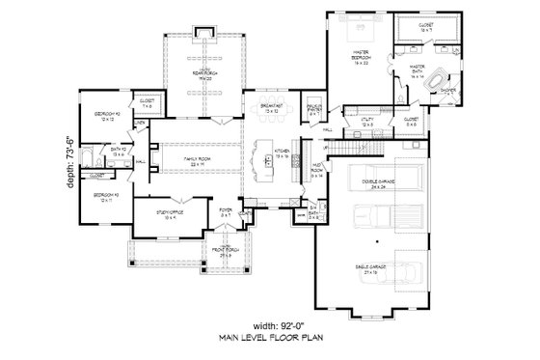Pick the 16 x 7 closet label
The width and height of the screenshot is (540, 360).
[425, 30]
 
